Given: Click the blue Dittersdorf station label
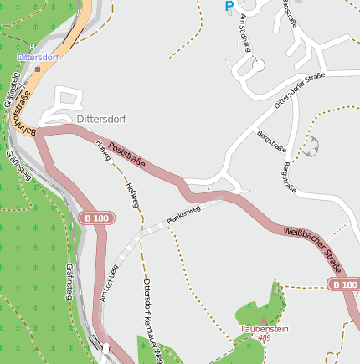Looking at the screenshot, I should click(38, 58).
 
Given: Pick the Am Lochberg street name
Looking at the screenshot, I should click(109, 283).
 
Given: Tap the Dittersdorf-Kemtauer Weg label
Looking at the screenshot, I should click(152, 314).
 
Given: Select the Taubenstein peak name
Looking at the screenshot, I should click(264, 329).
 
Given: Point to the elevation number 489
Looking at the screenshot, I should click(265, 337).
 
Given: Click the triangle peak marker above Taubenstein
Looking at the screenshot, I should click(263, 320).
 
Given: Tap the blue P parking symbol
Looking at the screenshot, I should click(229, 7).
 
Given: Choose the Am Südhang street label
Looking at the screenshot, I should click(245, 31).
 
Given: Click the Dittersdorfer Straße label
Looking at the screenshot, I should click(299, 91).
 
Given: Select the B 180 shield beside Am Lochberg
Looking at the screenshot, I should click(95, 218).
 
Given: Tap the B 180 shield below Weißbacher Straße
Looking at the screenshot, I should click(344, 285).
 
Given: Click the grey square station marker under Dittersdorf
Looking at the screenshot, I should click(38, 69).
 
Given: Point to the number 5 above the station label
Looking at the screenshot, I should click(32, 46).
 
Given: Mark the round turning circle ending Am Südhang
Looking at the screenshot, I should click(259, 64).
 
